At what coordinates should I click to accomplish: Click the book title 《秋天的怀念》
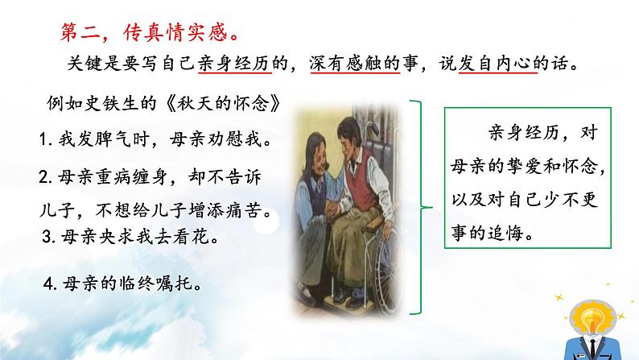(x=224, y=105)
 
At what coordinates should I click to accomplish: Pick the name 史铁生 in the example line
(x=115, y=105)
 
